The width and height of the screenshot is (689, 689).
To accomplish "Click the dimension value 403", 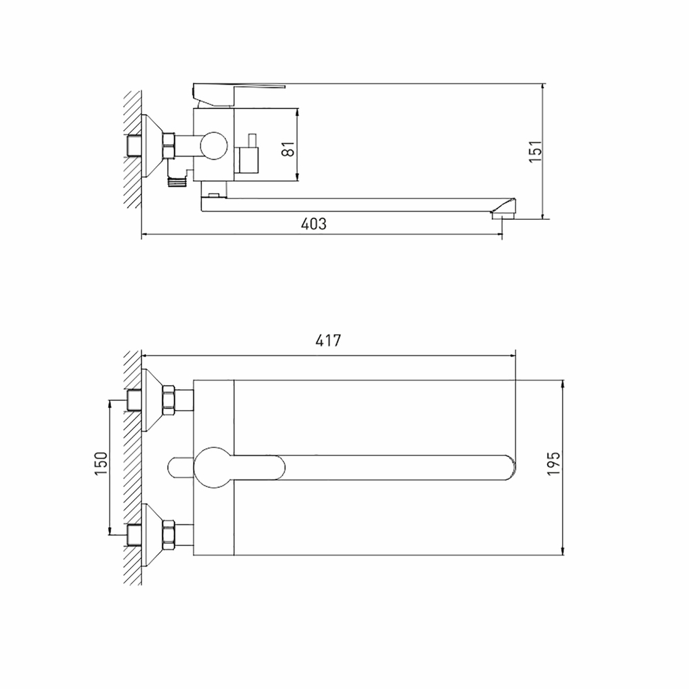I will point(313,224).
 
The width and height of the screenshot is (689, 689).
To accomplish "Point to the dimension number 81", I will point(289,147).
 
